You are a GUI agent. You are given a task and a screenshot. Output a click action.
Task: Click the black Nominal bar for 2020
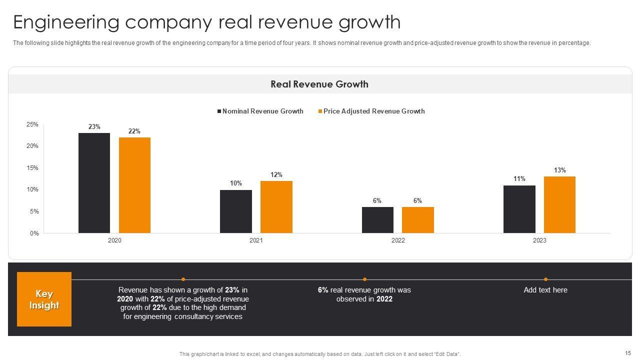[x=94, y=183]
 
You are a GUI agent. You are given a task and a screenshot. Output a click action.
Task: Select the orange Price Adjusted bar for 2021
[x=276, y=207]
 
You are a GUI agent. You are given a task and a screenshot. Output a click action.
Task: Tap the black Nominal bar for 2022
[x=377, y=220]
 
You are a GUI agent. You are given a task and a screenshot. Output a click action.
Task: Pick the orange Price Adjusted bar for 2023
[x=559, y=204]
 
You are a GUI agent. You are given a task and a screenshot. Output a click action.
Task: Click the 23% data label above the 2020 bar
[x=94, y=127]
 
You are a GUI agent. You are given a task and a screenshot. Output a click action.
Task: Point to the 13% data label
[x=559, y=170]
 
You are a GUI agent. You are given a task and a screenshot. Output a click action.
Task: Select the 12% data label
[x=276, y=175]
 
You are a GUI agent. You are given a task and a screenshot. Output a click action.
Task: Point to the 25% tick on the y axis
[x=32, y=124]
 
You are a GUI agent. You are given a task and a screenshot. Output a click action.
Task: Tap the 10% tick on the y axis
[x=32, y=189]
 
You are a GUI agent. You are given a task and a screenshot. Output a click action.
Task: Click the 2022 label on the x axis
[x=398, y=240]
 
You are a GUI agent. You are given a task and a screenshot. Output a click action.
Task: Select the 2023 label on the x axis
[x=539, y=240]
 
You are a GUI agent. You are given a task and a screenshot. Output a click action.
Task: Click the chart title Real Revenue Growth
[x=319, y=84]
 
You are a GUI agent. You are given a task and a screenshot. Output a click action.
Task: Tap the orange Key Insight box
[x=44, y=299]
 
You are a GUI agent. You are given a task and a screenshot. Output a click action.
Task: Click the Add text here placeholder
[x=545, y=290]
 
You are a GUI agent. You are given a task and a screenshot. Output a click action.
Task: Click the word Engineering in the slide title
[x=66, y=22]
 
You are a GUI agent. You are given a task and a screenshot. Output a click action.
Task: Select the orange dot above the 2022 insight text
[x=364, y=279]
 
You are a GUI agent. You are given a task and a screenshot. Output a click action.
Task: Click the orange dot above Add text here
[x=545, y=279]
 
